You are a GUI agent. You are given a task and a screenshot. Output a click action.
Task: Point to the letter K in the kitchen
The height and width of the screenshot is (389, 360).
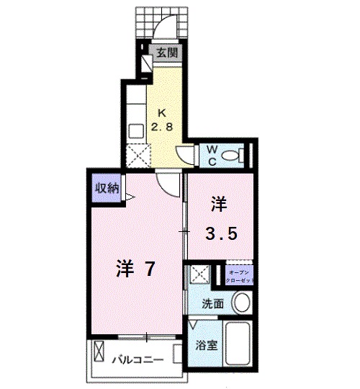coord(163,112)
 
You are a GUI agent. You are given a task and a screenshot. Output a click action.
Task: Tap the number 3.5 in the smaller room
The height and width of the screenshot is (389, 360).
coord(220,233)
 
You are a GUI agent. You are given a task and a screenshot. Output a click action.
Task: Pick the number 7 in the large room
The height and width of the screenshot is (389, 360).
coord(148,269)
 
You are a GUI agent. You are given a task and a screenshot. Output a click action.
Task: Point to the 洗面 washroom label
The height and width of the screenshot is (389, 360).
coord(212,303)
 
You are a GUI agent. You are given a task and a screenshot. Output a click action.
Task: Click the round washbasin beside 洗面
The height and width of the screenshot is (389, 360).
coord(243,302)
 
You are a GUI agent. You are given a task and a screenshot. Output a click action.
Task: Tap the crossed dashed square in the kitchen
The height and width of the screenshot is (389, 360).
coord(137,156)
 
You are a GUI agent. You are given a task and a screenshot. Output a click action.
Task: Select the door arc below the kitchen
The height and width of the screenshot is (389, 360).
coord(168,183)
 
